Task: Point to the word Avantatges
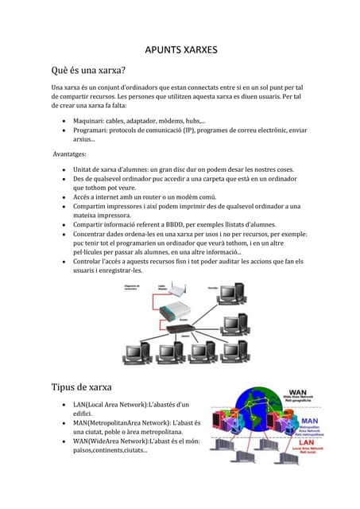[70, 155]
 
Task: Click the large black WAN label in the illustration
[297, 393]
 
